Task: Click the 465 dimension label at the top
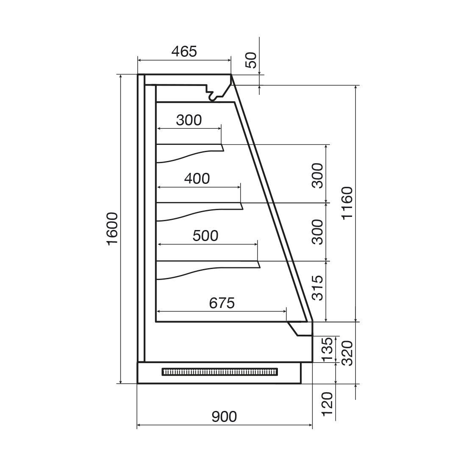[x=184, y=51]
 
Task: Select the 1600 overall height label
[x=112, y=228]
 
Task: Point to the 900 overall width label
[x=224, y=417]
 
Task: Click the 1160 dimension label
[x=347, y=203]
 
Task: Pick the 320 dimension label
[x=347, y=353]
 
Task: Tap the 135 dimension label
[x=328, y=349]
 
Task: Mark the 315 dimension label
[x=317, y=288]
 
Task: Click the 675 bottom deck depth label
[x=222, y=303]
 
